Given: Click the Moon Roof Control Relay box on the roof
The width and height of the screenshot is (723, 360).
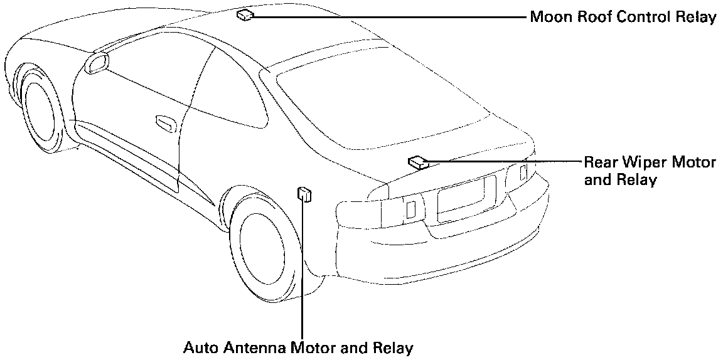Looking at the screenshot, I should pos(245,14).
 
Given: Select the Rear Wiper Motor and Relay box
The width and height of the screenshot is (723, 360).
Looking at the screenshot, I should pos(417,162).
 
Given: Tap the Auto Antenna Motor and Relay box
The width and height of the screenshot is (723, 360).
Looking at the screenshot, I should pos(304,194).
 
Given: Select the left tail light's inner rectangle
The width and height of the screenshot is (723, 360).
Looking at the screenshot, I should pos(410,209).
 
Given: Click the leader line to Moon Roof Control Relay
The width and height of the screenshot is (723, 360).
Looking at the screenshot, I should pos(389,17).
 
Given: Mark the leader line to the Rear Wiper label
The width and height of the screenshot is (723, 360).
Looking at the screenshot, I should pos(502,161).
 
